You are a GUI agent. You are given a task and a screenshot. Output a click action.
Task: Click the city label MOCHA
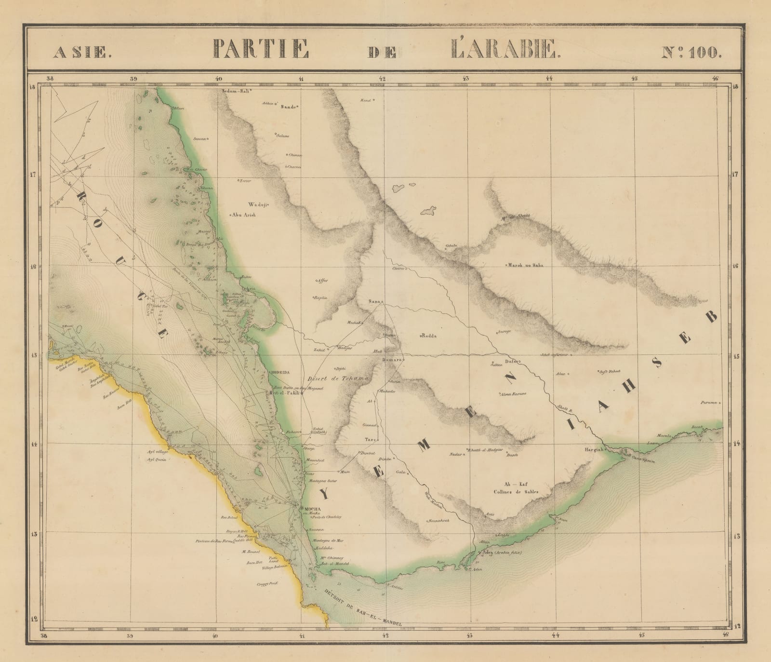tap(309, 509)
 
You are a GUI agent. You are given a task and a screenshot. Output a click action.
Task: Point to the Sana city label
tap(374, 302)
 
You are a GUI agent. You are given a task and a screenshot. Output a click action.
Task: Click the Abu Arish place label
tap(244, 215)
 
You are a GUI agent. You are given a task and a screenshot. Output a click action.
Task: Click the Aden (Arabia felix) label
tap(502, 553)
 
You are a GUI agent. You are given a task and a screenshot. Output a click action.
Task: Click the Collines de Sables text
tap(515, 492)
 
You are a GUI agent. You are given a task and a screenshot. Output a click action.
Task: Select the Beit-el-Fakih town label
tap(285, 393)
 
